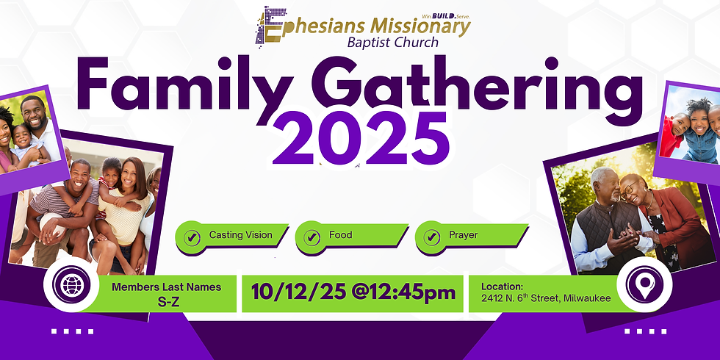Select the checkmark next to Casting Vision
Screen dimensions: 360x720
[x=192, y=237]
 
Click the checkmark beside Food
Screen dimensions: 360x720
[x=312, y=237]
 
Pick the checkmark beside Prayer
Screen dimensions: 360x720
[x=432, y=237]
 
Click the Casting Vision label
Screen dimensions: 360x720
[x=240, y=236]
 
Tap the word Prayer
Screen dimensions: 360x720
[x=463, y=236]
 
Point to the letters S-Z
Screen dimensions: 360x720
[x=166, y=300]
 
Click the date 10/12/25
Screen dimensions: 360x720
[x=289, y=292]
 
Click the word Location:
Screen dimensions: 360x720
[x=503, y=286]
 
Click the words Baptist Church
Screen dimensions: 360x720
[x=394, y=42]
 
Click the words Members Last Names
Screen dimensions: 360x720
[x=166, y=287]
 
